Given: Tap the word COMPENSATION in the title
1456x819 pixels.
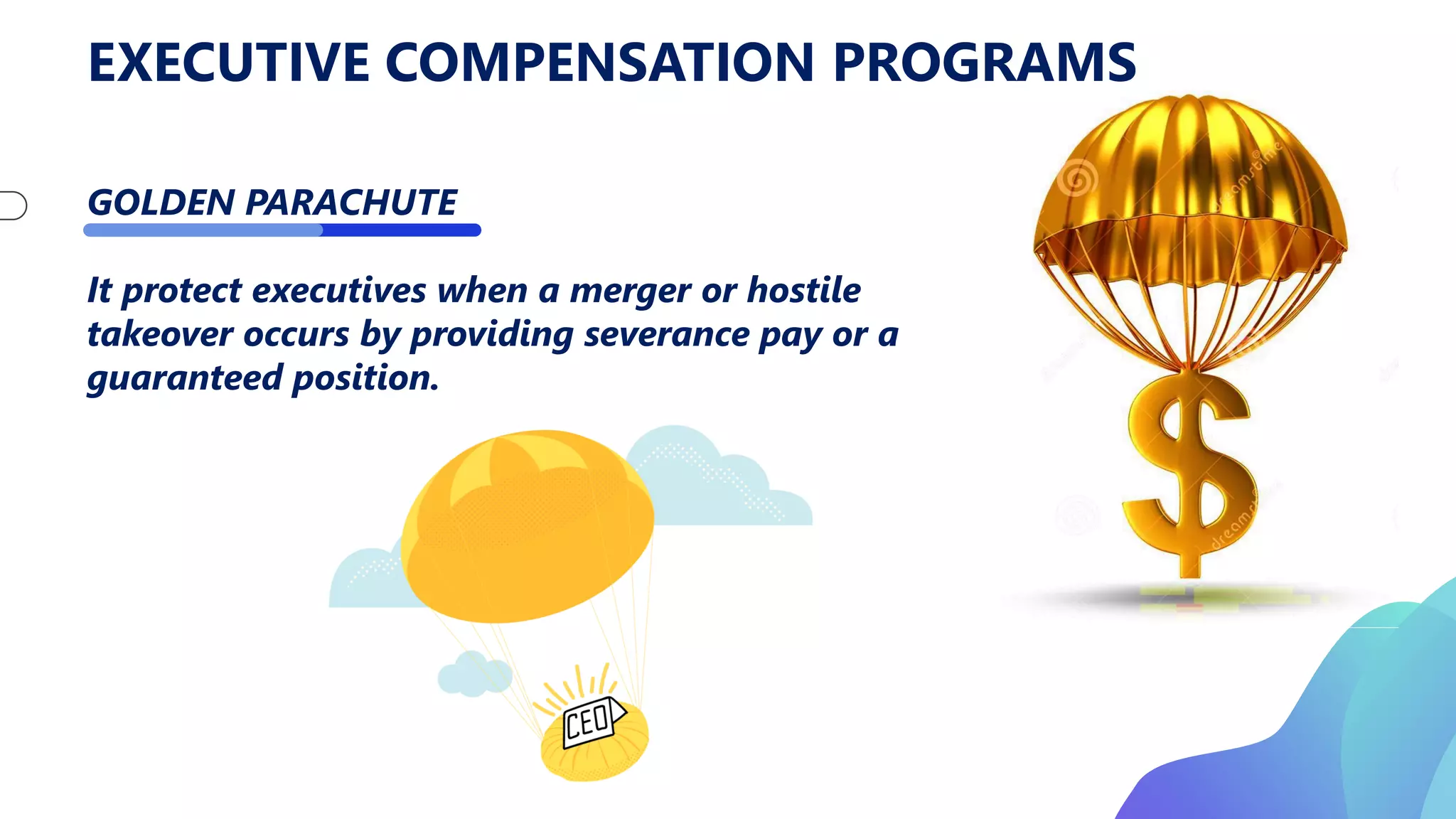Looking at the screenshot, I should point(599,63).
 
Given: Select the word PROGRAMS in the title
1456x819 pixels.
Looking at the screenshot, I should point(984,63).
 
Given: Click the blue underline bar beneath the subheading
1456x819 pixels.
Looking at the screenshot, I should point(282,230).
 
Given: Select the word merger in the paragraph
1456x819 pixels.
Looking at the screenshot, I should point(630,291).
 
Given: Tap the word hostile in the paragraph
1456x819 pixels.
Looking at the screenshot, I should point(803,290).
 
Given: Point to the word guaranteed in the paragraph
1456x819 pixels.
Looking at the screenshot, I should point(184,378).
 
